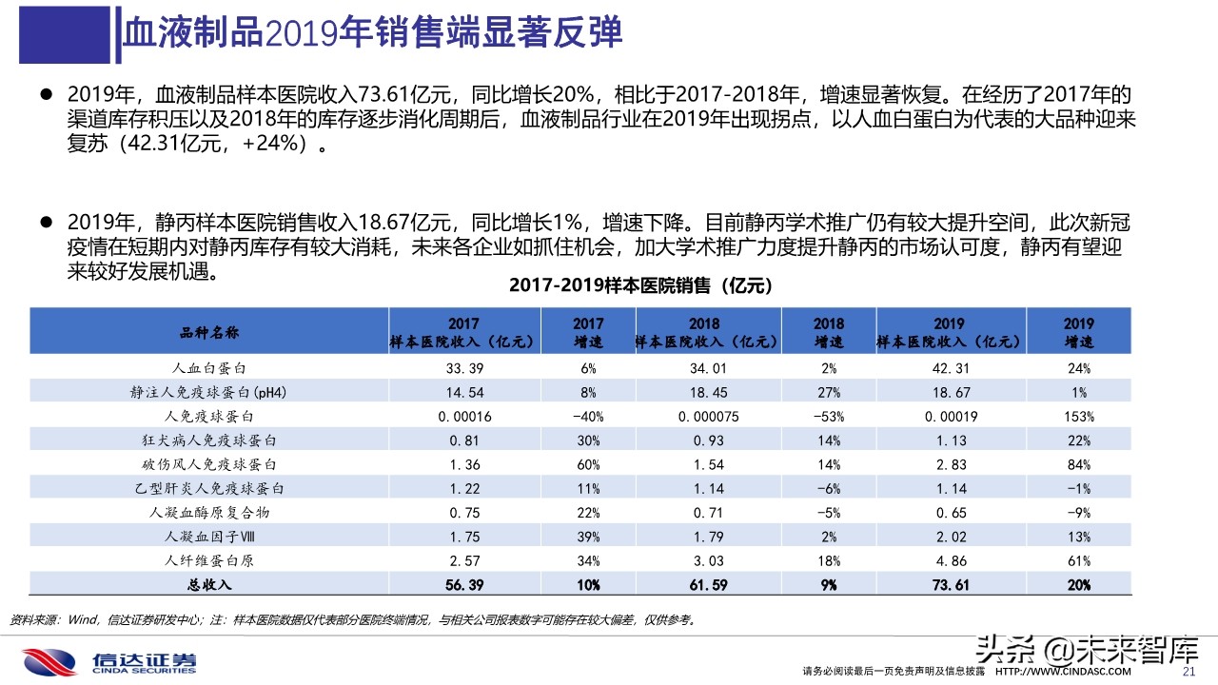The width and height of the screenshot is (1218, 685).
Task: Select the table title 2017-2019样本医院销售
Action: coord(640,285)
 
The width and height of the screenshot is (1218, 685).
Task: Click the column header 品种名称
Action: coord(209,332)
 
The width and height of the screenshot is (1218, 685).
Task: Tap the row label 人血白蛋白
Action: coord(209,367)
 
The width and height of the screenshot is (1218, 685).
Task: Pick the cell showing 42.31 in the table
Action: coord(950,367)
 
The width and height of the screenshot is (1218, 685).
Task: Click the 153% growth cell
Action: coord(1079,416)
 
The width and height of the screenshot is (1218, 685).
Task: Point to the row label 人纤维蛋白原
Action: coord(209,560)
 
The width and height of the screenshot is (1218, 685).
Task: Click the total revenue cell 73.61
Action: coord(950,585)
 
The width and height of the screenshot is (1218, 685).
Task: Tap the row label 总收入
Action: coord(209,585)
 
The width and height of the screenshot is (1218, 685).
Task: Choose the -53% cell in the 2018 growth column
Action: coord(828,416)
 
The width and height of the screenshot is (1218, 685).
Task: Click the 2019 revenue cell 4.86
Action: coord(950,560)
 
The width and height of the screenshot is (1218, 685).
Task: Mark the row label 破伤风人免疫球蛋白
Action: coord(209,464)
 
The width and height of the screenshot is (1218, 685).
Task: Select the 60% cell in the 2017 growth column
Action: coord(588,464)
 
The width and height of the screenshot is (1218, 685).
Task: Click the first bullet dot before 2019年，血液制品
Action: coord(45,94)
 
